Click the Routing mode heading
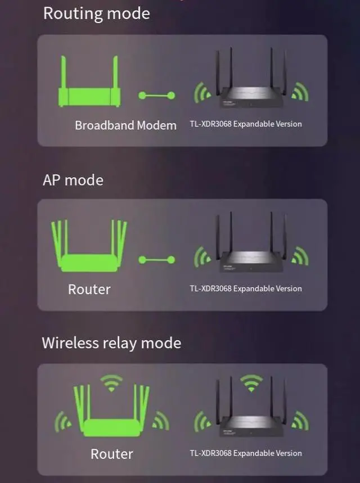tap(96, 13)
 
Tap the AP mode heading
tap(73, 180)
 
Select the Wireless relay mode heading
tap(111, 343)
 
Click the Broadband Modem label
tap(125, 125)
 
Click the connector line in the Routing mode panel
tap(157, 96)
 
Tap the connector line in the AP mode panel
tap(157, 260)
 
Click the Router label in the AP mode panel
tap(89, 290)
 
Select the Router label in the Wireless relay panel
tap(111, 454)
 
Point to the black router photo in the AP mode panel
tap(251, 250)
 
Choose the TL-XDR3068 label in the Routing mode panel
tap(246, 124)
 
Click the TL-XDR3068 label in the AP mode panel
tap(246, 288)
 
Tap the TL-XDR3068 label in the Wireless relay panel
tap(246, 453)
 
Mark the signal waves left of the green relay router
tap(62, 421)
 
